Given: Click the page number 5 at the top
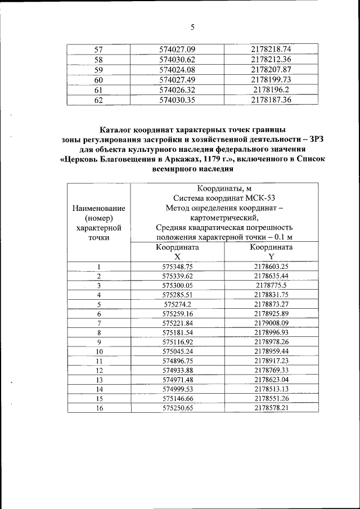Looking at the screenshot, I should [192, 26].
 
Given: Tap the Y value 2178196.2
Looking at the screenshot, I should [271, 89].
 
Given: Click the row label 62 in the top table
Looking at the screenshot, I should [98, 100].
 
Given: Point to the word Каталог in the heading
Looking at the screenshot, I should [119, 130].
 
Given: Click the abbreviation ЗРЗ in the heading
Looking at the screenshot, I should [309, 139].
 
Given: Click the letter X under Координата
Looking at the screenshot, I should [177, 256].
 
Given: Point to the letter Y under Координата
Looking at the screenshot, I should [271, 256].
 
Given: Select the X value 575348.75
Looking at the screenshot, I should [177, 267].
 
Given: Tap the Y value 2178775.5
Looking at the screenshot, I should [271, 285].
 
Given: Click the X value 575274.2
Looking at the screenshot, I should [177, 304].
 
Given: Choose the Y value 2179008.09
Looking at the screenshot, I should [271, 323].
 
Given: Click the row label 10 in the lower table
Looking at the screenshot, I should [98, 352].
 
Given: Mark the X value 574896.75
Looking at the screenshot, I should [177, 361].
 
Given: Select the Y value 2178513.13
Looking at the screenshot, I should [271, 389].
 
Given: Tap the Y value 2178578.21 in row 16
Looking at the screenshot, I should [271, 408].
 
